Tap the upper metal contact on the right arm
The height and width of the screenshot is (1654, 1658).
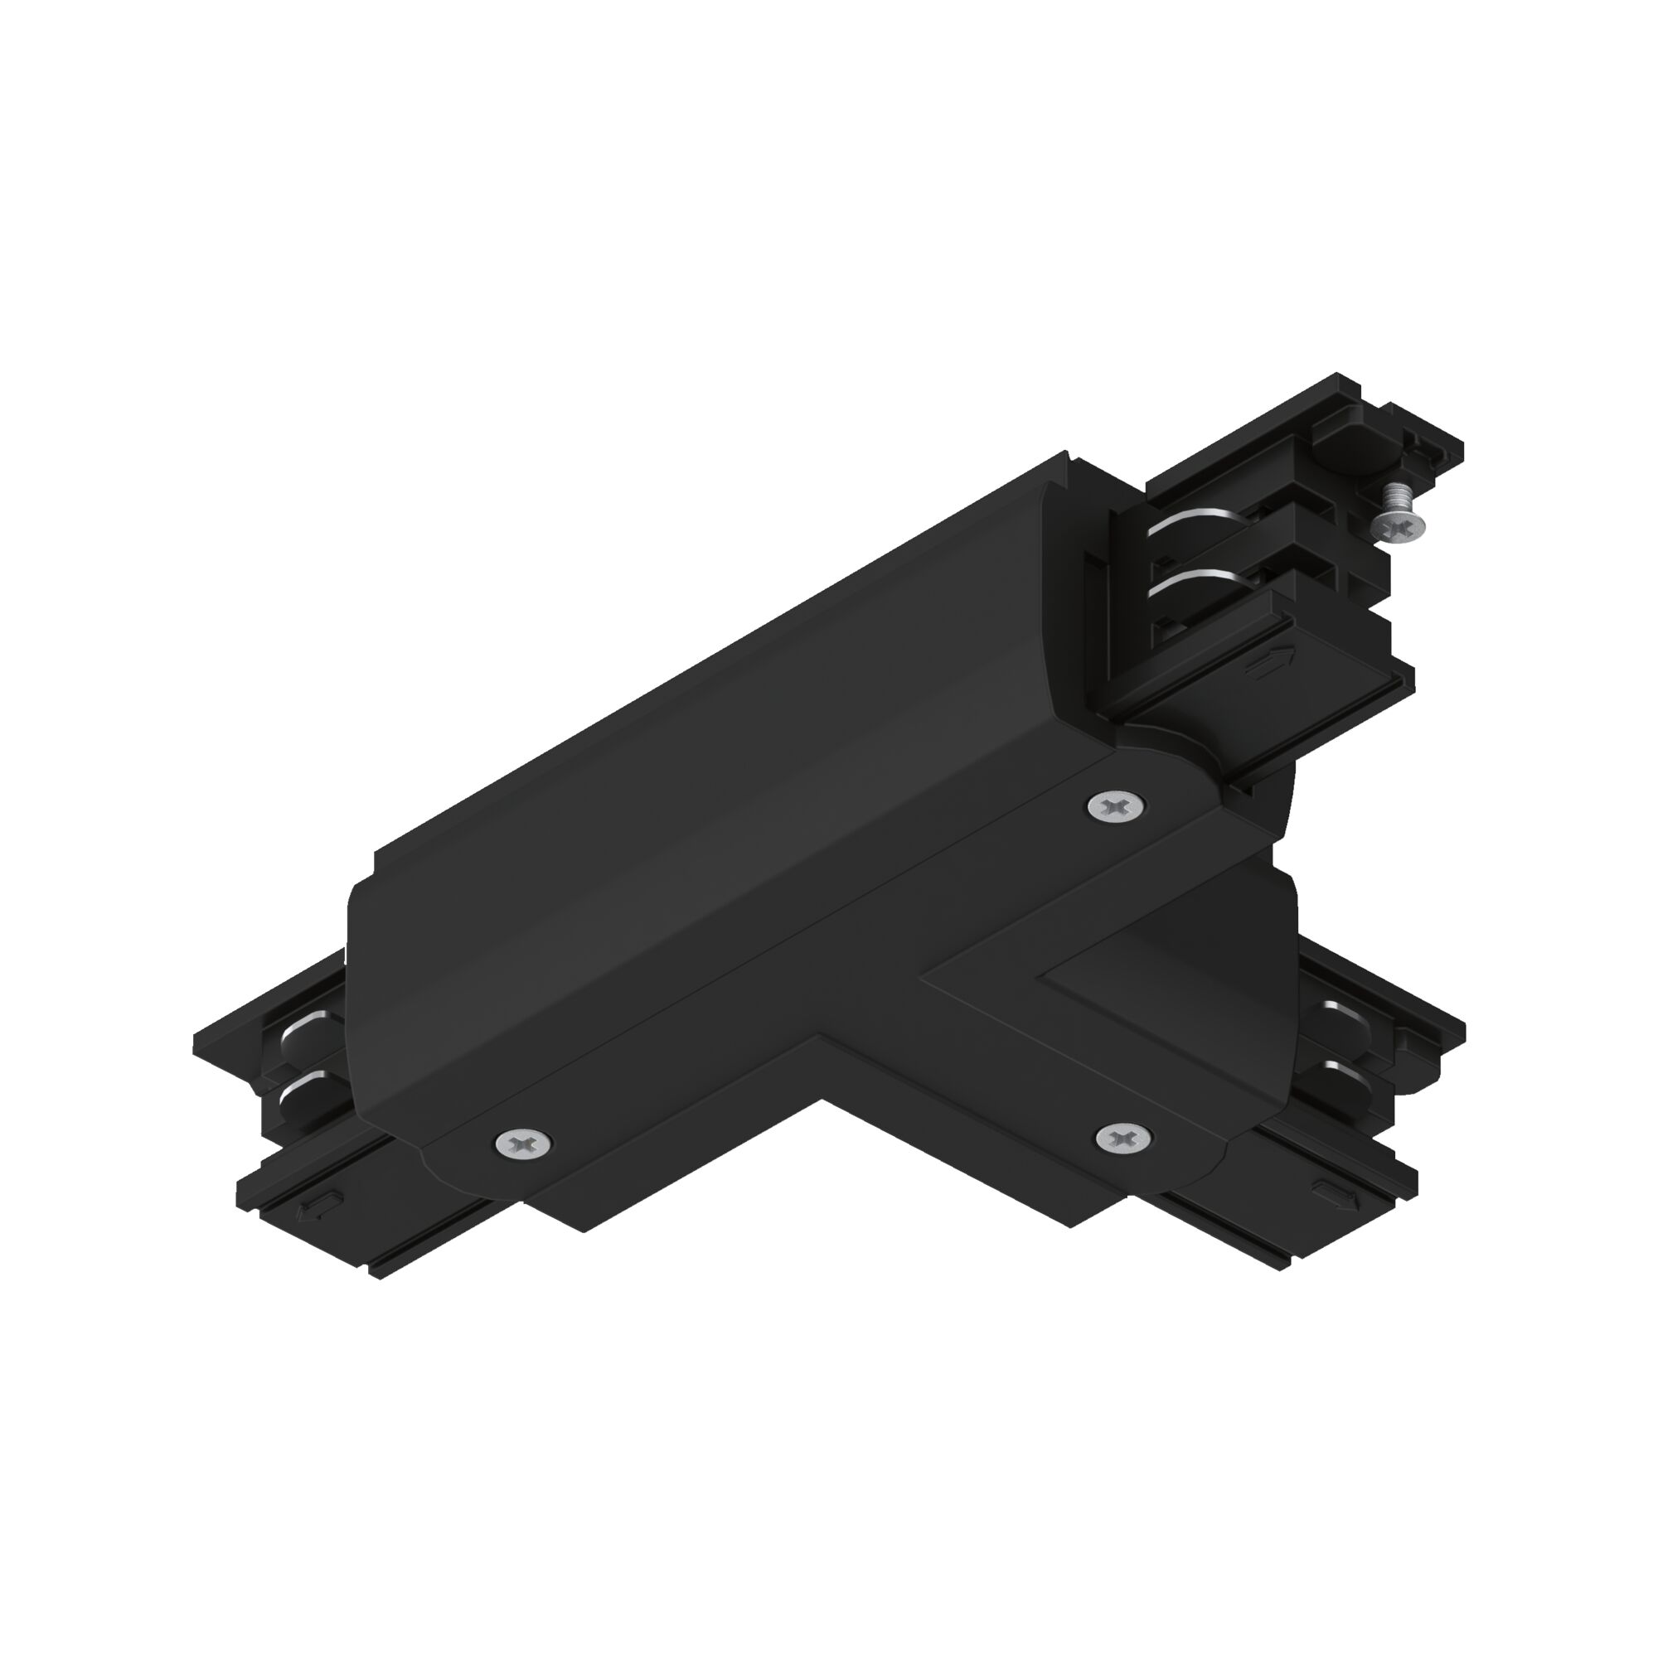[1342, 1013]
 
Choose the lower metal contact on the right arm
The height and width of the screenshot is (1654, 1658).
[1344, 1068]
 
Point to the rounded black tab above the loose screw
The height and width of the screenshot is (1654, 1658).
[1347, 447]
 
